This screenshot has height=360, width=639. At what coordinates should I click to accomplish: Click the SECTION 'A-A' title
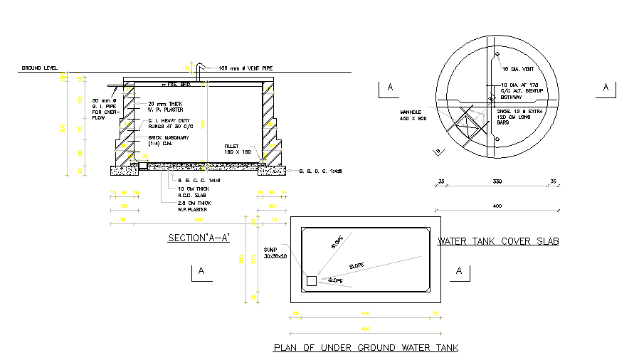(198, 238)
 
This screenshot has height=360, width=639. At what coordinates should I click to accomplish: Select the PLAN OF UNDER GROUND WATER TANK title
(366, 348)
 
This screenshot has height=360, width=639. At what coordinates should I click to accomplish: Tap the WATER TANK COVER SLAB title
(498, 242)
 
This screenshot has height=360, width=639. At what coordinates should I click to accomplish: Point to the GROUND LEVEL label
(39, 68)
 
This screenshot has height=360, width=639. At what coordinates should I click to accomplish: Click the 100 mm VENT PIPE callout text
(245, 68)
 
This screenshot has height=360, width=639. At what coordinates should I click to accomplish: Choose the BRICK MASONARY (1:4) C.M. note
(168, 141)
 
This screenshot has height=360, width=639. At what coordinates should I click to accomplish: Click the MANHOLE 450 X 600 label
(412, 115)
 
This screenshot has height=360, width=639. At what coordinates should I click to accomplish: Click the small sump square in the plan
(311, 281)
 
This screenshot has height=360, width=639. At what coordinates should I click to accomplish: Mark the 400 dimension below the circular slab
(497, 206)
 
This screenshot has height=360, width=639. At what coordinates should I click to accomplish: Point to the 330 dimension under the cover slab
(497, 183)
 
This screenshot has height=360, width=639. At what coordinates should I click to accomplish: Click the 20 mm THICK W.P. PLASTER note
(166, 107)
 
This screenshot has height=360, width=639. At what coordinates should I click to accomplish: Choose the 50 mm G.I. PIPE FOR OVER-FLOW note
(105, 109)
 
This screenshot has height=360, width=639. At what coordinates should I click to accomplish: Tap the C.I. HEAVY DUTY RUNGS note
(170, 124)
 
